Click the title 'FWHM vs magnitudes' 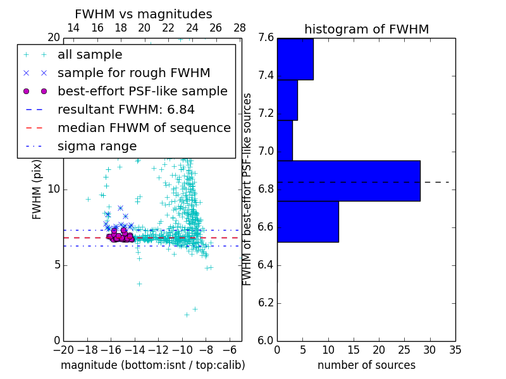click(143, 14)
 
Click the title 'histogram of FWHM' click(366, 29)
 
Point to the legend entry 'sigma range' click(97, 146)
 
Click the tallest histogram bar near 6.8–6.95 click(349, 181)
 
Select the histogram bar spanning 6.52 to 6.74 click(307, 221)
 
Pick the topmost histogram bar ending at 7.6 click(295, 59)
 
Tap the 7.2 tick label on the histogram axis click(265, 114)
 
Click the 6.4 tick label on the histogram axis click(265, 265)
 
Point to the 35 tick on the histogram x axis click(455, 349)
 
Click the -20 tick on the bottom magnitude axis click(63, 349)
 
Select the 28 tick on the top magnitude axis click(240, 28)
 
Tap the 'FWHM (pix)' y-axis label click(37, 189)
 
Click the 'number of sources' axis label click(366, 365)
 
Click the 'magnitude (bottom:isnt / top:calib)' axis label click(152, 365)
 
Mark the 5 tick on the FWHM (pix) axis click(56, 265)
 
